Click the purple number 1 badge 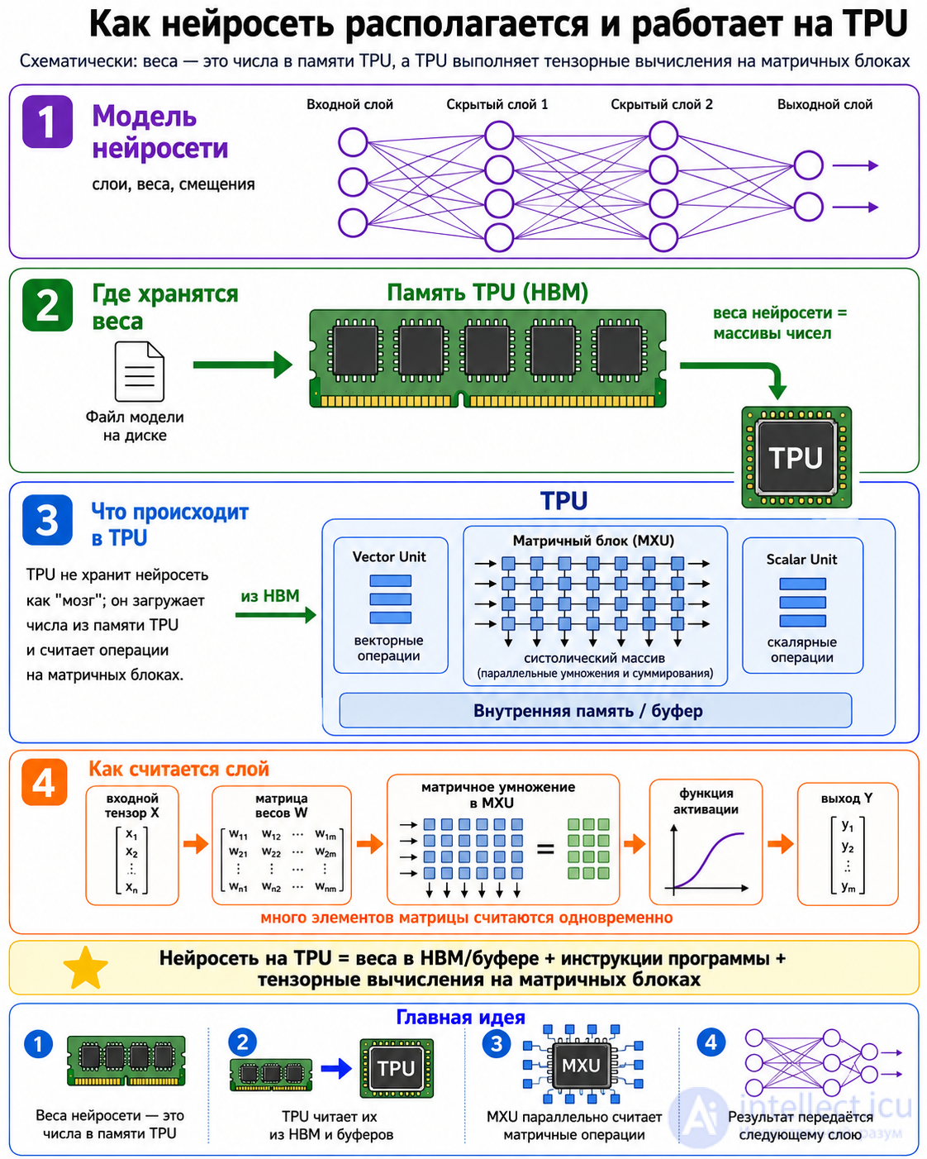click(47, 122)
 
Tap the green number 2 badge click(47, 305)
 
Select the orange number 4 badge click(44, 782)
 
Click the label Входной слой click(350, 104)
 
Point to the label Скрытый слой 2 click(662, 104)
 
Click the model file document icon click(140, 371)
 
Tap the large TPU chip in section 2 click(796, 457)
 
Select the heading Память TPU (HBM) click(487, 293)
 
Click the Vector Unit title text click(389, 557)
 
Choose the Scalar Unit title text click(801, 560)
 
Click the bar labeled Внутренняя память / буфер click(596, 710)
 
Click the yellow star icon click(86, 968)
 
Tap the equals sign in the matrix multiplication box click(545, 850)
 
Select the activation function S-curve click(708, 860)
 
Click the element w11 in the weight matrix click(238, 835)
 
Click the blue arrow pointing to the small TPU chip click(336, 1069)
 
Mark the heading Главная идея click(461, 1018)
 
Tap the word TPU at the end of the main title click(876, 24)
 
